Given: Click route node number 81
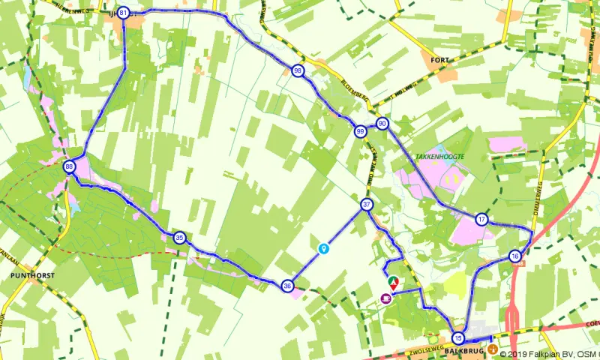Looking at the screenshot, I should click(x=123, y=13).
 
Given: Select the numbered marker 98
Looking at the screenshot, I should click(x=298, y=70).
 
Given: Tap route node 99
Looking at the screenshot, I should click(x=361, y=131).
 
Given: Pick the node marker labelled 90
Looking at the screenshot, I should click(x=382, y=123).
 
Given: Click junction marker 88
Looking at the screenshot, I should click(x=69, y=166).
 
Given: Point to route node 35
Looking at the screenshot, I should click(x=179, y=237).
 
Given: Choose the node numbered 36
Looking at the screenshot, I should click(x=287, y=286).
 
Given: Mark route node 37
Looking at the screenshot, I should click(x=367, y=204).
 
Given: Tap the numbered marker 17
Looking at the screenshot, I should click(x=481, y=219).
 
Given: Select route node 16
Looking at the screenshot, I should click(x=514, y=256).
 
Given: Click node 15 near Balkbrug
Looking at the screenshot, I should click(x=459, y=337).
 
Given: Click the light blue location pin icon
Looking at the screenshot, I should click(x=323, y=247).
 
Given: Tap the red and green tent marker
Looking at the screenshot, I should click(x=392, y=283).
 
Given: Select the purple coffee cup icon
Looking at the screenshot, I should click(x=385, y=298).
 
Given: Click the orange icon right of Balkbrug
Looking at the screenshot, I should click(x=492, y=349).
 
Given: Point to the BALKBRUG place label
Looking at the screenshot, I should click(x=459, y=351).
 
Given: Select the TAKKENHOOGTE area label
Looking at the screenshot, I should click(x=439, y=156).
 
